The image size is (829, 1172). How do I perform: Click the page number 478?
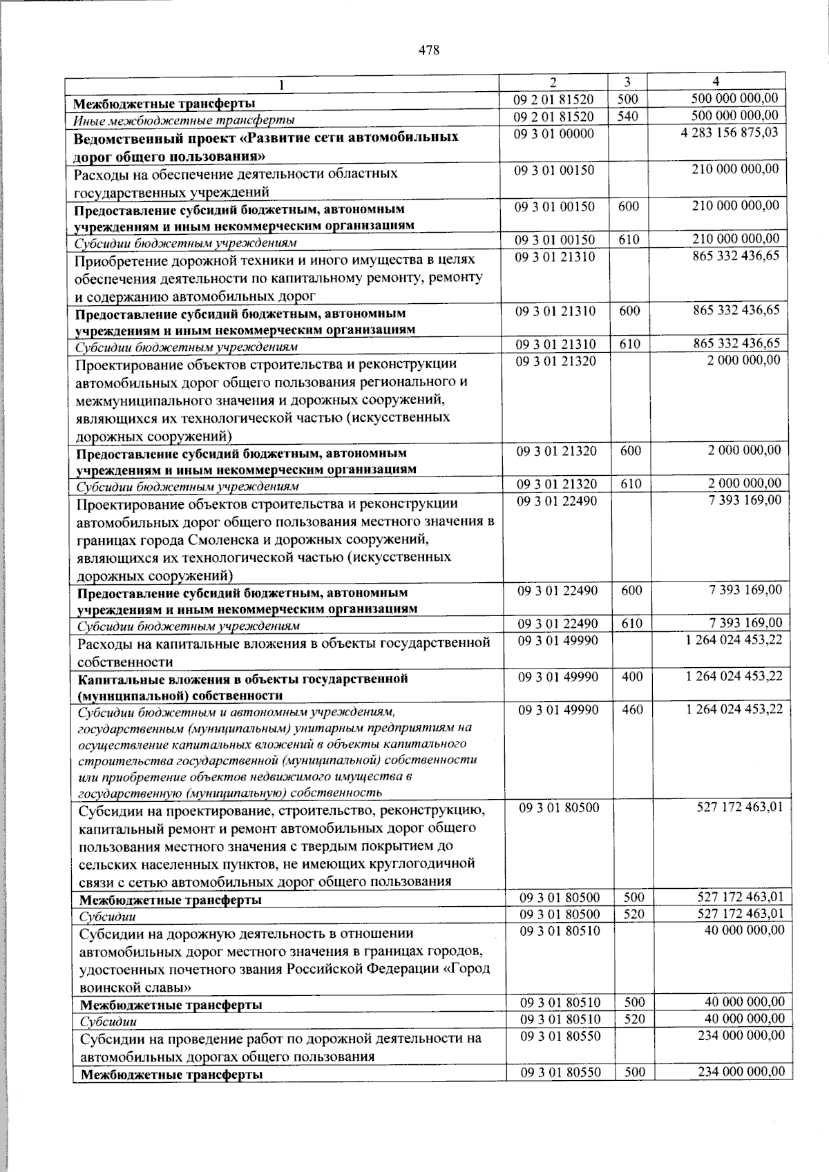(428, 50)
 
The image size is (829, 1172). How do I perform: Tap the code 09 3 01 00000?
(553, 133)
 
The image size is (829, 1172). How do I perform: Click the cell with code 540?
(627, 116)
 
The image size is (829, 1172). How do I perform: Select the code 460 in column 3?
(631, 709)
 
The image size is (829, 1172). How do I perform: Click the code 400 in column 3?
(631, 676)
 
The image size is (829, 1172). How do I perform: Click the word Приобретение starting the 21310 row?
(117, 260)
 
